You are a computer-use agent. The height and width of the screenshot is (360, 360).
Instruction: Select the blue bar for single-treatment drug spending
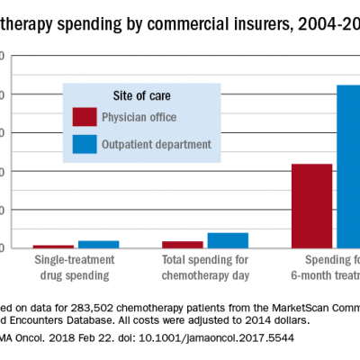98,244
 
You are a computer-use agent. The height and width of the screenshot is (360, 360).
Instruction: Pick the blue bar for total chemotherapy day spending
227,240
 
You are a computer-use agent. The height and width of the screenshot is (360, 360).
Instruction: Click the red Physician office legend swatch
85,117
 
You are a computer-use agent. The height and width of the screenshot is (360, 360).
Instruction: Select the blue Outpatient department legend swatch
85,144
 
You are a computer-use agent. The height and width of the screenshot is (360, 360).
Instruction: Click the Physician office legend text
139,117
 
